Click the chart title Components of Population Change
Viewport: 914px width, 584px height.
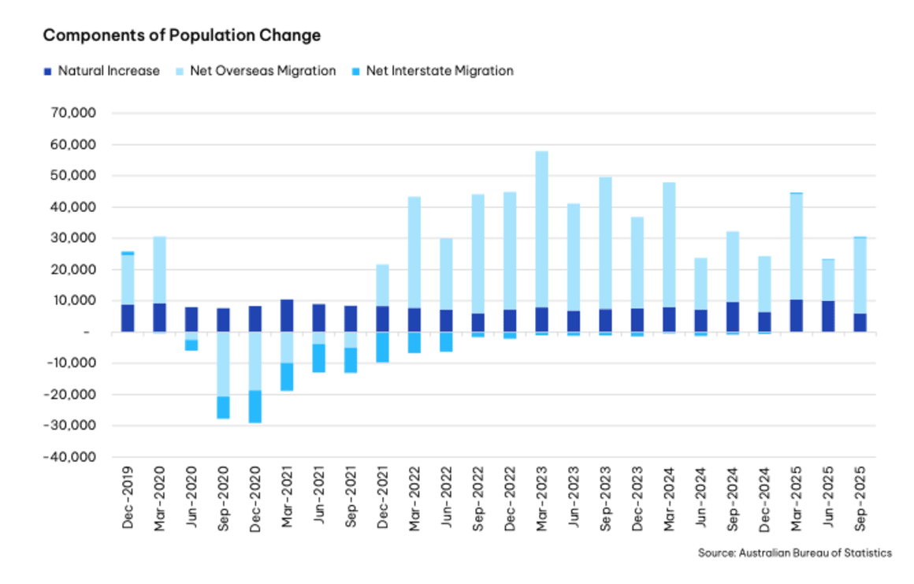[181, 35]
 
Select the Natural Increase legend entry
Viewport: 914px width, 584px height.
[102, 71]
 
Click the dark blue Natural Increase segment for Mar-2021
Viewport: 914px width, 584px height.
[287, 315]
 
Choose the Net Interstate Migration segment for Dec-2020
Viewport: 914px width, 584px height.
[255, 407]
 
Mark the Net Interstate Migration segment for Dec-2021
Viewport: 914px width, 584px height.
[382, 347]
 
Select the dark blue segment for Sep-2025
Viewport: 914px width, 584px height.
[860, 322]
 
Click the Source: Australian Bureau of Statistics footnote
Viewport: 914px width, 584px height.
[794, 553]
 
